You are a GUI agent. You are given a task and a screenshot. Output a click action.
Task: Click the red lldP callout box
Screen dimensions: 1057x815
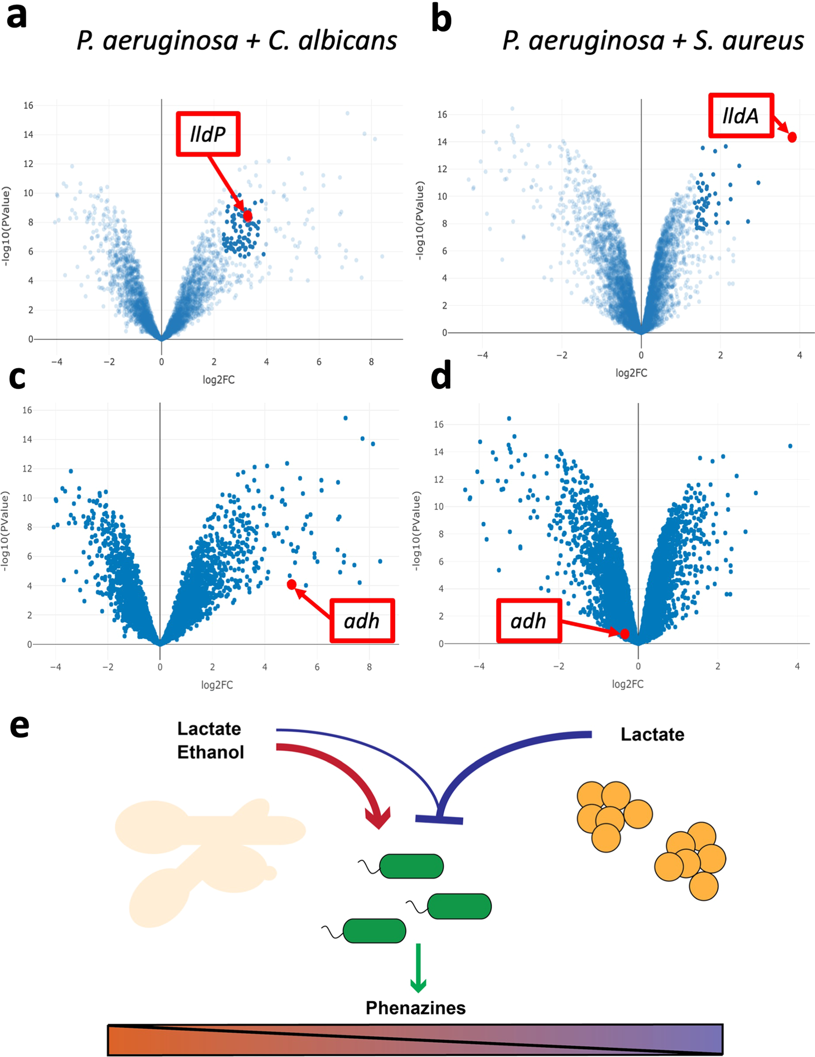click(x=208, y=134)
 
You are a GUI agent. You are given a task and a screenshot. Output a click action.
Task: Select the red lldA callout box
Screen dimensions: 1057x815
click(x=740, y=116)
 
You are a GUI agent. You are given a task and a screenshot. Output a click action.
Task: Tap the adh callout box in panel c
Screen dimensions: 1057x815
click(x=362, y=621)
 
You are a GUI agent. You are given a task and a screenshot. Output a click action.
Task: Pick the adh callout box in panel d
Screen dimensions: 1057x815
click(x=529, y=621)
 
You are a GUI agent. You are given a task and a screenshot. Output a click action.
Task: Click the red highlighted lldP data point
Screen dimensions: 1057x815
click(x=247, y=215)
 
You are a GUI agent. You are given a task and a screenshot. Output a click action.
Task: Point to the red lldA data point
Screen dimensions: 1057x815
click(x=792, y=137)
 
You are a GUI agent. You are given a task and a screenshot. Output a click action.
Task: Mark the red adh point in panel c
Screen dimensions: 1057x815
click(x=292, y=584)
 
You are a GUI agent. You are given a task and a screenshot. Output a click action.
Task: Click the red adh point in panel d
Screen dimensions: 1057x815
click(x=625, y=634)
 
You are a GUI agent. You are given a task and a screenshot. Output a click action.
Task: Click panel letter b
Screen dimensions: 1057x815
click(x=441, y=19)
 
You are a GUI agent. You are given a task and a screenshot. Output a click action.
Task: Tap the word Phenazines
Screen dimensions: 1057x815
click(x=415, y=1007)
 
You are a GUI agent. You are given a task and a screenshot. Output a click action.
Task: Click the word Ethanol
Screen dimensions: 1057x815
click(x=210, y=752)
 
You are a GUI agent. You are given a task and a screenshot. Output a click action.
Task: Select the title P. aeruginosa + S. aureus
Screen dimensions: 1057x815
click(x=652, y=41)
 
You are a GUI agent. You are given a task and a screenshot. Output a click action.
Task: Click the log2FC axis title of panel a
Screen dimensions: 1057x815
click(x=219, y=380)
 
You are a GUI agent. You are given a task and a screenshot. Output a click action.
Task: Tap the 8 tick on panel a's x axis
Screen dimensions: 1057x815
click(x=371, y=362)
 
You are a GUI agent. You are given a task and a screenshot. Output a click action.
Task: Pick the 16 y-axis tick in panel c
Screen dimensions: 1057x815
click(x=27, y=410)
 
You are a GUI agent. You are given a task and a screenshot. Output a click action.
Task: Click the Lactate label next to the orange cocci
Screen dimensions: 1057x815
click(x=652, y=734)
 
